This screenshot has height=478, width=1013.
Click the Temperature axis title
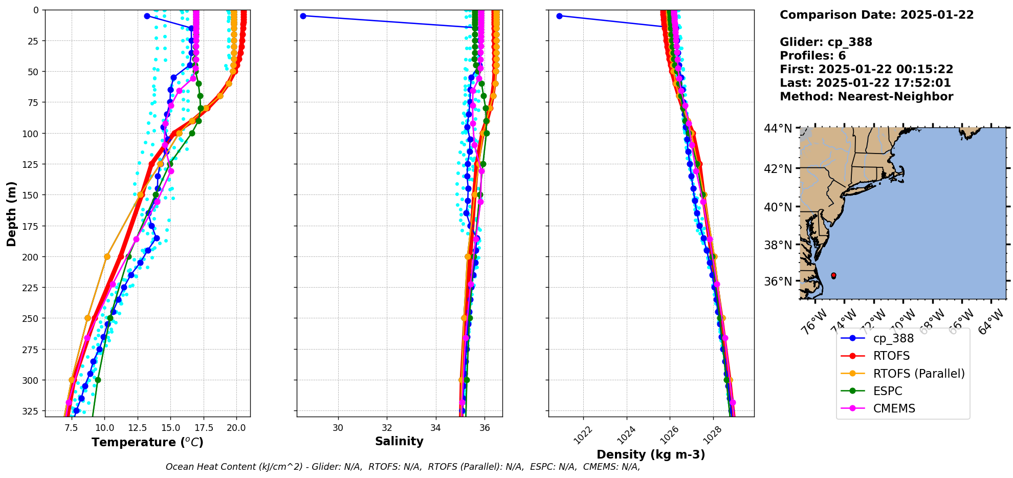[x=147, y=442]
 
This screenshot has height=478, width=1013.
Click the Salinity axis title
[x=399, y=441]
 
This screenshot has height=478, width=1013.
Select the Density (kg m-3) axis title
[x=651, y=454]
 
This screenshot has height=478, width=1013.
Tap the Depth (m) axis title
[x=11, y=213]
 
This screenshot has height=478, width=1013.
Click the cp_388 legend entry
[x=893, y=338]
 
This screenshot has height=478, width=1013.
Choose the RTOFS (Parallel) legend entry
[x=918, y=374]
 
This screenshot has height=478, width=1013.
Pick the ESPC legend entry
[x=887, y=391]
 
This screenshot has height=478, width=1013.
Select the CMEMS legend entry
[x=894, y=408]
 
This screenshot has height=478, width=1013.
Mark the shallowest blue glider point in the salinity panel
[x=303, y=16]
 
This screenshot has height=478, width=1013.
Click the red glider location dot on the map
[x=833, y=275]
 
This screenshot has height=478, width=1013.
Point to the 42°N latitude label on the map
[x=778, y=169]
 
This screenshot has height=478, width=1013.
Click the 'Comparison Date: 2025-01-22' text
[x=876, y=15]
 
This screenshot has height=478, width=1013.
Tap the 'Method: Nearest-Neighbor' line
[x=866, y=97]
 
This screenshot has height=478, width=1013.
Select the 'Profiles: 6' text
[x=812, y=56]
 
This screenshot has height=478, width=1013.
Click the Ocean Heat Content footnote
[x=403, y=467]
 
